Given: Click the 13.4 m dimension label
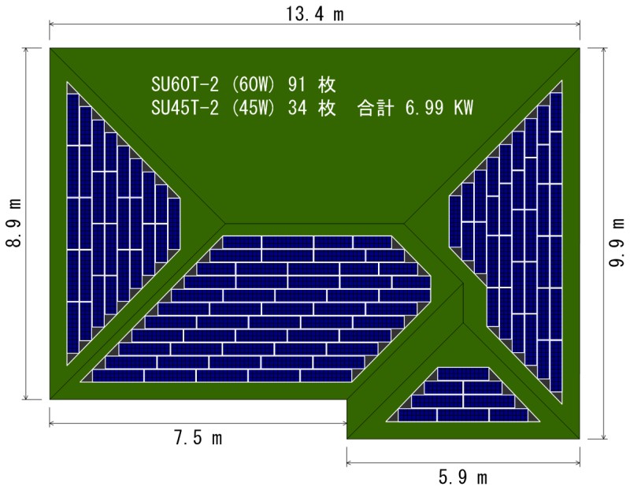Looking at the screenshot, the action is (x=315, y=14).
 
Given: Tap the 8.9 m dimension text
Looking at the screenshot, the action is (x=13, y=223).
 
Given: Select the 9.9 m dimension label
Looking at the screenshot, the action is (x=617, y=243).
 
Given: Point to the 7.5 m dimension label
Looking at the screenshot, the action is (x=198, y=437).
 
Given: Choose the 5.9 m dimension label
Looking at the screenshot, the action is (x=463, y=477).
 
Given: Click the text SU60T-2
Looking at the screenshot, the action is (x=185, y=84).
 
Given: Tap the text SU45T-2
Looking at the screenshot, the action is (x=185, y=108).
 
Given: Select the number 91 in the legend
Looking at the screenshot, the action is (x=297, y=84).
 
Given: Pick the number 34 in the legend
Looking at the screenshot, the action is (x=297, y=108).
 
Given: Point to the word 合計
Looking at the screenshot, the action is (x=376, y=108).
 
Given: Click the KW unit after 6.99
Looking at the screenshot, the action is (x=464, y=108).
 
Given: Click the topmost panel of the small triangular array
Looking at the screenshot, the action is (x=463, y=373).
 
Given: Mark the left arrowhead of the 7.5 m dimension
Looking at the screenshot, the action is (x=52, y=423).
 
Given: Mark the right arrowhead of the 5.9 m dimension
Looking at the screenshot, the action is (x=577, y=463).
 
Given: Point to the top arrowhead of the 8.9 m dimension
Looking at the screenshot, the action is (x=26, y=51).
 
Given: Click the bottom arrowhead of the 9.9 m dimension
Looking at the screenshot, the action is (x=604, y=436).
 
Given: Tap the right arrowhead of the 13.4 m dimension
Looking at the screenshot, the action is (x=577, y=24).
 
